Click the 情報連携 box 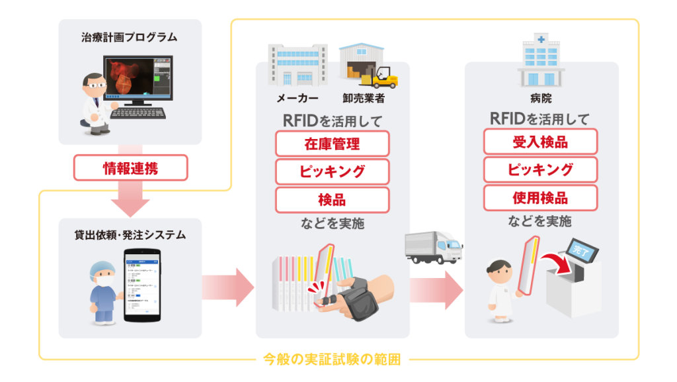pos(131,168)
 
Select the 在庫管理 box pos(332,143)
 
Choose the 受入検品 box pos(540,142)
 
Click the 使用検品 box pos(540,198)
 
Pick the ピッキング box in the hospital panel pos(540,170)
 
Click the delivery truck pos(433,247)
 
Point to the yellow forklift pos(383,78)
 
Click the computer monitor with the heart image pos(134,79)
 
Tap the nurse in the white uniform pos(500,291)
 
